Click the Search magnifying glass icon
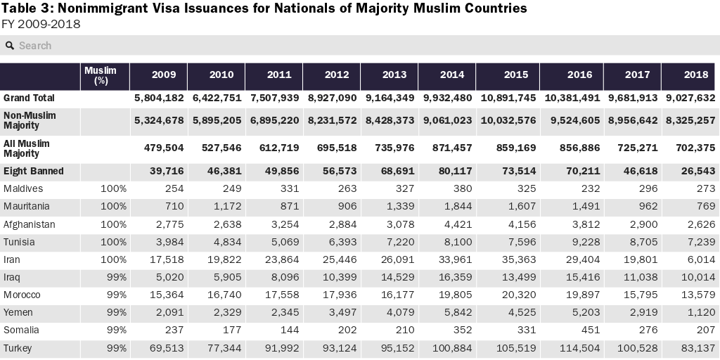(x=10, y=46)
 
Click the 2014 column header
(x=452, y=75)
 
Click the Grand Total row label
(x=29, y=98)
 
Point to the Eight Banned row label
(x=33, y=171)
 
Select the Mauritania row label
(x=26, y=207)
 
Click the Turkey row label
(x=18, y=348)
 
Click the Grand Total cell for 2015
(x=508, y=98)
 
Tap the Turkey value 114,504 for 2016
(x=576, y=348)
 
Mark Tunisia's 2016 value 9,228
(x=581, y=242)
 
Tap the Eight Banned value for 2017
(x=636, y=171)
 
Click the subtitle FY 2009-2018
(x=41, y=24)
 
